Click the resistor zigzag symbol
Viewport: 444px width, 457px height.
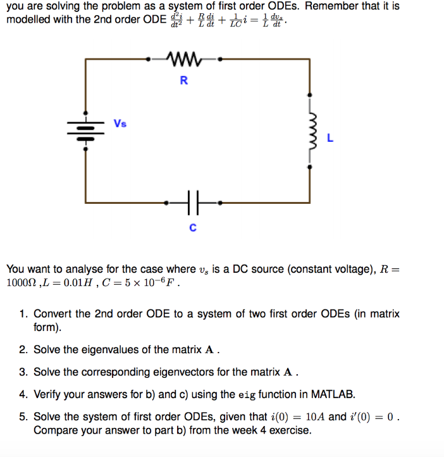(x=184, y=59)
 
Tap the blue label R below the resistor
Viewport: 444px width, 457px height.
(x=184, y=80)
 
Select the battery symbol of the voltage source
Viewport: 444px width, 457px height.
(x=85, y=131)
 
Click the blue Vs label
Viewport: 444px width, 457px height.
(x=120, y=123)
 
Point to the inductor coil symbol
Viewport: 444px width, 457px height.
(x=312, y=131)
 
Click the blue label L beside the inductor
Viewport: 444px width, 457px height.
(x=330, y=138)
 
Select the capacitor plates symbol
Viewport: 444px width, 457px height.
(x=193, y=203)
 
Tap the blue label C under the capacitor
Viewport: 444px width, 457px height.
(x=193, y=227)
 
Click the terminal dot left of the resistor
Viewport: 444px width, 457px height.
(x=148, y=59)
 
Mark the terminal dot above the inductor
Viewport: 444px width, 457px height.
(x=310, y=95)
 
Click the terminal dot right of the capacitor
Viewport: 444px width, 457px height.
(x=220, y=203)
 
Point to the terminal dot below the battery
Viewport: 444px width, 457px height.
(x=85, y=149)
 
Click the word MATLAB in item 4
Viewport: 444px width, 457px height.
(x=333, y=394)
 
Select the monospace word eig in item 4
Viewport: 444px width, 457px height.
(x=247, y=395)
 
